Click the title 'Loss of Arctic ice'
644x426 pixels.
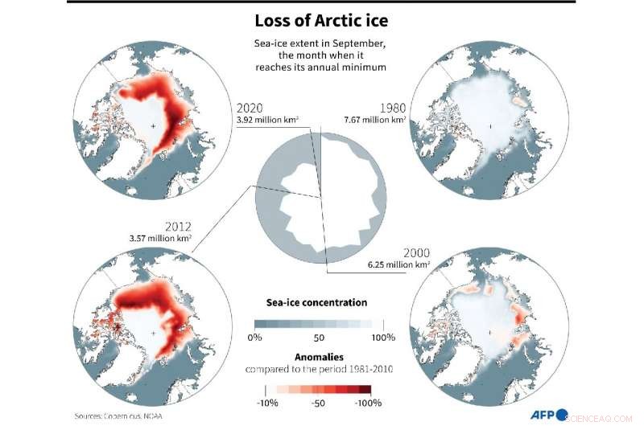click(x=321, y=21)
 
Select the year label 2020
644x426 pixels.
click(x=250, y=109)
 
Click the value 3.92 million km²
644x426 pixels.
click(x=267, y=121)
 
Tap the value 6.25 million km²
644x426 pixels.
click(x=399, y=263)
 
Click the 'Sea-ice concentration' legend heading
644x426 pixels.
click(x=316, y=303)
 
